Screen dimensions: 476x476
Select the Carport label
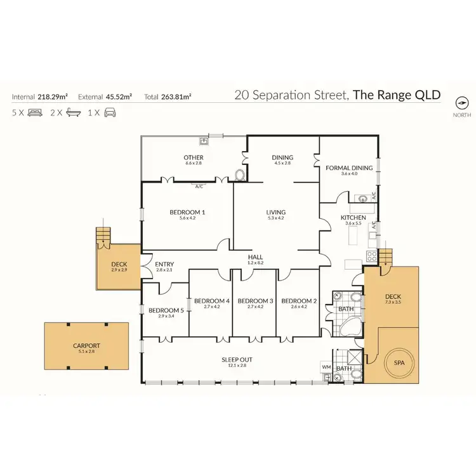click(x=86, y=346)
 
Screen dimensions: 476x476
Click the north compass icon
click(x=461, y=103)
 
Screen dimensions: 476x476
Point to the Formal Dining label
click(x=349, y=168)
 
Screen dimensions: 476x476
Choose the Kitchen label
click(x=352, y=217)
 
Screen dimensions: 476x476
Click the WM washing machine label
click(x=327, y=366)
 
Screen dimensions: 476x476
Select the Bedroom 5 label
click(x=166, y=310)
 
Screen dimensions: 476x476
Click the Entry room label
click(x=164, y=265)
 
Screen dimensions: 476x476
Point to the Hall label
click(x=255, y=256)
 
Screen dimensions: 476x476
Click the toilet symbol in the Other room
click(x=240, y=175)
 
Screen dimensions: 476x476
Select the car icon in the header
click(x=110, y=114)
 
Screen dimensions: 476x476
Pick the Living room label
click(x=276, y=212)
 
